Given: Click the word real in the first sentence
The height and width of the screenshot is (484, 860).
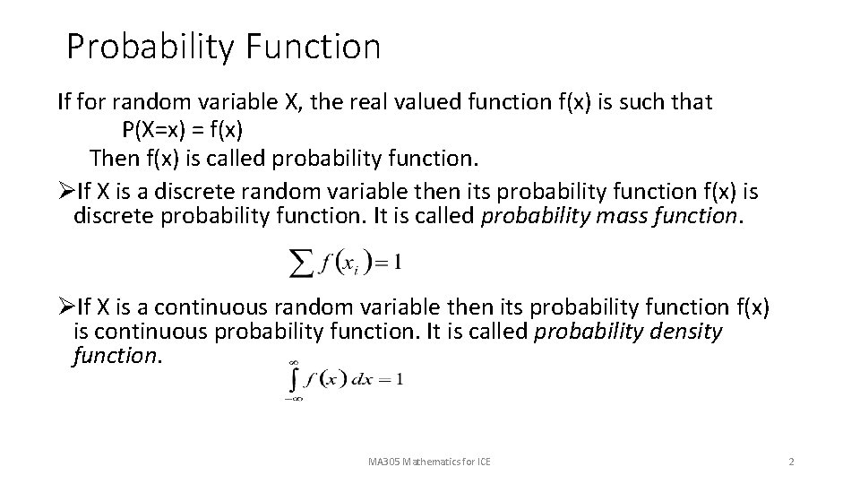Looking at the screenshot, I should (319, 102).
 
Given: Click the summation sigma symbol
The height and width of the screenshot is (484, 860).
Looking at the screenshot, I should (300, 263).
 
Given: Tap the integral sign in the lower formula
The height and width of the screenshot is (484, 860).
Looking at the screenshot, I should (292, 379).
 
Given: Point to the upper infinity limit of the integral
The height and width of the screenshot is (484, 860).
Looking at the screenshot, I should (293, 361).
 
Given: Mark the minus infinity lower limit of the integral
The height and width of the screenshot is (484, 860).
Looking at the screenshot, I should (292, 399).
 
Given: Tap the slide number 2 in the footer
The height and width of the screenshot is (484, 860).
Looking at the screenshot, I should (791, 462).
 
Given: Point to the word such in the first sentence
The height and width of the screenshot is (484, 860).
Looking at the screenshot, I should (641, 102).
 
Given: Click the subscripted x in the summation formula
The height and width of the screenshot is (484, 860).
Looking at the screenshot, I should (356, 264).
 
